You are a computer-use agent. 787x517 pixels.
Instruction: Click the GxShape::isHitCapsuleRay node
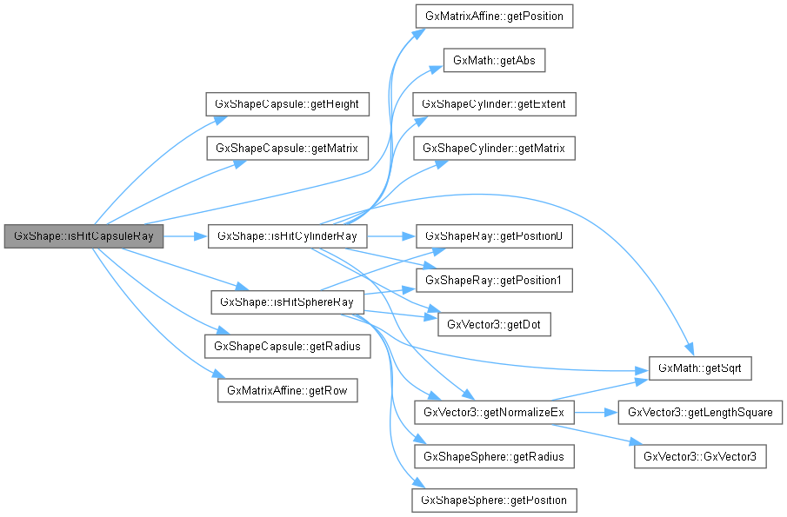(x=83, y=236)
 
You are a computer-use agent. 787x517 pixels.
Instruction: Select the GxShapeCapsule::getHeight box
(x=287, y=104)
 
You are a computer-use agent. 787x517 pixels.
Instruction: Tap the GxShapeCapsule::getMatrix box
(x=287, y=148)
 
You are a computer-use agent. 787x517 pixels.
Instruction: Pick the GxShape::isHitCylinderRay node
(x=287, y=236)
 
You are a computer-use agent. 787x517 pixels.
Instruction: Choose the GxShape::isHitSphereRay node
(x=287, y=302)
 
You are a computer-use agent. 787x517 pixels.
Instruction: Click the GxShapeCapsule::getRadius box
(x=287, y=346)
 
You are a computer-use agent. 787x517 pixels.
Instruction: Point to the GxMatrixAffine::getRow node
(x=287, y=390)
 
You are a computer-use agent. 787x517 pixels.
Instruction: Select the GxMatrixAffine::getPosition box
(x=494, y=16)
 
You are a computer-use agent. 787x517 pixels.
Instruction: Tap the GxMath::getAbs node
(x=494, y=61)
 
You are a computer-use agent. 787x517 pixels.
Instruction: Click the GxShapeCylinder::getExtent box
(x=494, y=104)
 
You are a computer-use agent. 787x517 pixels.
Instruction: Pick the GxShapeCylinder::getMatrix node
(x=494, y=148)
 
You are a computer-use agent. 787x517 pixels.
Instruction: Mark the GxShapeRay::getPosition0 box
(x=494, y=236)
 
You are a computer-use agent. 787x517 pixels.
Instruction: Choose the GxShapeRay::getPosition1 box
(x=494, y=280)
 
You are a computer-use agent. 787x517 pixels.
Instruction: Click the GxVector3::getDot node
(x=494, y=324)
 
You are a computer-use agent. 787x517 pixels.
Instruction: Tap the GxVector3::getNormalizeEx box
(x=494, y=412)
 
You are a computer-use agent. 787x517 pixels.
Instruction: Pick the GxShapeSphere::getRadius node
(x=494, y=456)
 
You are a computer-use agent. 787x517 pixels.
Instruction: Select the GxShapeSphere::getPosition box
(x=494, y=500)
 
